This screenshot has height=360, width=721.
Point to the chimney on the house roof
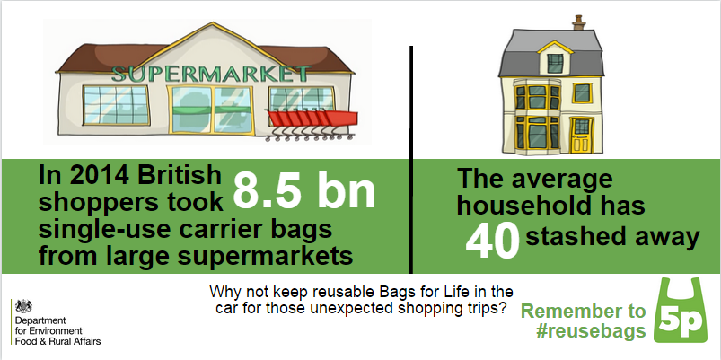(579, 22)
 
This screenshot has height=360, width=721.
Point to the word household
(551, 206)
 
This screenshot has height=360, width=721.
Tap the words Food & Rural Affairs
(57, 342)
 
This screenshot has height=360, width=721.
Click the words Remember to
(583, 312)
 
